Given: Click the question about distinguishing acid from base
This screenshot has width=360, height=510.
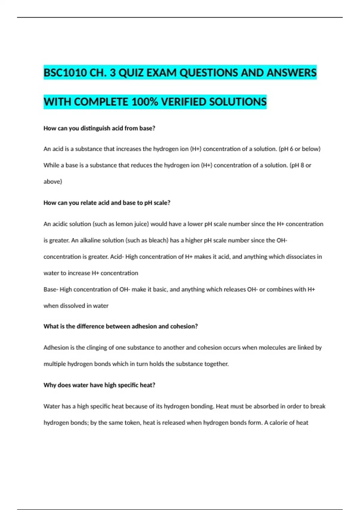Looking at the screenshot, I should pos(99,128).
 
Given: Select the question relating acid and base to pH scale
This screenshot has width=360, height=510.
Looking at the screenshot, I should pos(107,203).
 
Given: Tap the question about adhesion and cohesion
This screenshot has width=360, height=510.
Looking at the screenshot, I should pos(121,326).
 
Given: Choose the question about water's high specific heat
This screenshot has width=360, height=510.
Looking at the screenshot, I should pos(99,385).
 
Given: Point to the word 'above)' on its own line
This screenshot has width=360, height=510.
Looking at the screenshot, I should pos(53,181).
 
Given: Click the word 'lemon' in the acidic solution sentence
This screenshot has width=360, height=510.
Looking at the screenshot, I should pos(124,224).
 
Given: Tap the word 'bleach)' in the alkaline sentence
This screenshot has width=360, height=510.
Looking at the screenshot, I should pos(158,240).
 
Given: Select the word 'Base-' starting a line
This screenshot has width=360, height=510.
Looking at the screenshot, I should pos(51,289).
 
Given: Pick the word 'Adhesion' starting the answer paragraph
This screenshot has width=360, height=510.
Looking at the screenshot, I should pos(56,348).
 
